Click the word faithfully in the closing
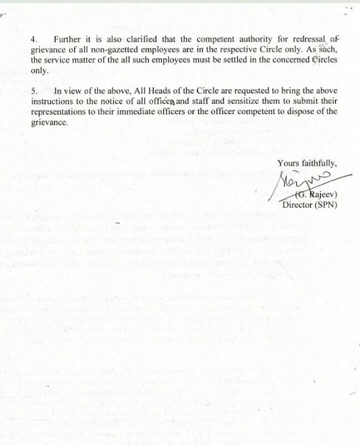click(316, 164)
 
